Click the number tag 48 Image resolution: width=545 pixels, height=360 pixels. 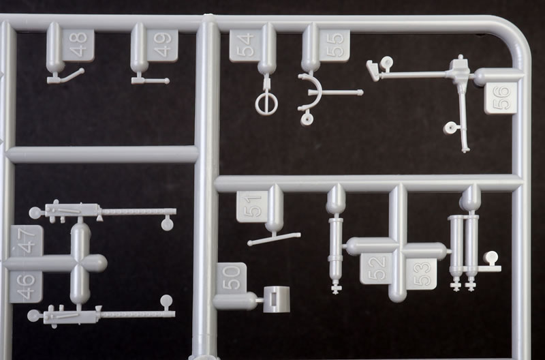[x=78, y=45]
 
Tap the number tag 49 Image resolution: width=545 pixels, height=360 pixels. [x=162, y=45]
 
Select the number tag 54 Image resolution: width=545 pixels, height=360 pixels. [x=245, y=46]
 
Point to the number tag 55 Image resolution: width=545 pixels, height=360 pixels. [x=334, y=46]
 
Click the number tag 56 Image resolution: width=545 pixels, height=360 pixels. [x=501, y=98]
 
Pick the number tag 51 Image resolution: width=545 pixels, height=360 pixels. [x=253, y=207]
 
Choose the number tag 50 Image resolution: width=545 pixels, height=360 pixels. [x=232, y=278]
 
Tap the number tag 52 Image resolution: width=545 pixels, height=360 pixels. [x=377, y=269]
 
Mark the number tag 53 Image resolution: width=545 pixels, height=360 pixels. [x=421, y=274]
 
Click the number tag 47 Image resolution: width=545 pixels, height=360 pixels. [x=27, y=241]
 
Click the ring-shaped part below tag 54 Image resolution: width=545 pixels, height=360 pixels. [x=266, y=104]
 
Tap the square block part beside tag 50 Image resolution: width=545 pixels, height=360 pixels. [x=277, y=299]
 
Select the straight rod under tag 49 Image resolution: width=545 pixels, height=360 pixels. [x=150, y=80]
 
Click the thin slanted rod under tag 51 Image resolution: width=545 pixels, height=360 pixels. [x=274, y=239]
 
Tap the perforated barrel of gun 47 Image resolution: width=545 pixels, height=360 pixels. [x=138, y=211]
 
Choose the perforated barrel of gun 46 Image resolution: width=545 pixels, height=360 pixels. [x=138, y=314]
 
